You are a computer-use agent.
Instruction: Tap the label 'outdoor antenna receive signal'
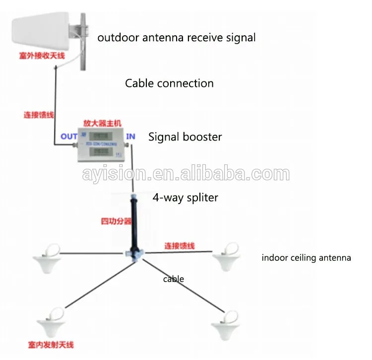pyautogui.click(x=176, y=37)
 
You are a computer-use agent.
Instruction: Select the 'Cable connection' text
pyautogui.click(x=169, y=83)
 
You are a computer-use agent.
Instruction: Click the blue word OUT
pyautogui.click(x=69, y=137)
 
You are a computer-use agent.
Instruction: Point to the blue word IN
pyautogui.click(x=130, y=136)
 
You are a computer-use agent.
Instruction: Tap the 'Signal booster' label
pyautogui.click(x=185, y=137)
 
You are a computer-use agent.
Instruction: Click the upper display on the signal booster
pyautogui.click(x=102, y=136)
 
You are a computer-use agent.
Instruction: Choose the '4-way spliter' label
pyautogui.click(x=185, y=197)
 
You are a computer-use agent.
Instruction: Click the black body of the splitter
pyautogui.click(x=133, y=223)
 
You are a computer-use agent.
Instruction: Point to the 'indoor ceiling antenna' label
pyautogui.click(x=306, y=258)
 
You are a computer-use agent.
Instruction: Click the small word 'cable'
pyautogui.click(x=174, y=279)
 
